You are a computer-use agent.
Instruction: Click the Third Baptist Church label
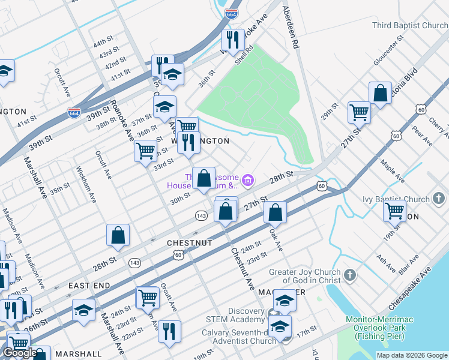pos(410,25)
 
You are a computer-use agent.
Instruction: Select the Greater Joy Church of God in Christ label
pos(304,276)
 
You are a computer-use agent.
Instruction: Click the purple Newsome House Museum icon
pos(248,179)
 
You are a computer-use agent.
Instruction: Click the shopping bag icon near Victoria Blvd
pos(380,94)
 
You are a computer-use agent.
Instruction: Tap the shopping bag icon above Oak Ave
pos(274,212)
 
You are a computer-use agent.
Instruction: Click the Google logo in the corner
pos(20,353)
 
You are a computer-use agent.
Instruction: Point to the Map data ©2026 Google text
pos(412,355)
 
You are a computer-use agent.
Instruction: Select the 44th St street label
pos(103,41)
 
